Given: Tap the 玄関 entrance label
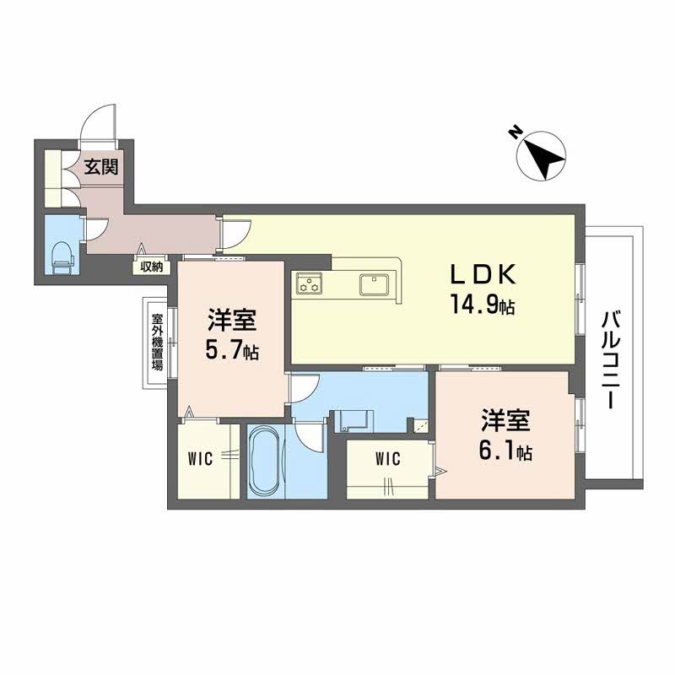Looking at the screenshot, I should [x=101, y=165].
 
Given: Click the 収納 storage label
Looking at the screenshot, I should [x=152, y=267].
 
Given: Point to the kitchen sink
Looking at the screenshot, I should [x=373, y=284].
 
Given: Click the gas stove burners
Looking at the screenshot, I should [x=309, y=284].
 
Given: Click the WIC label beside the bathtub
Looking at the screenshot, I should [x=201, y=459].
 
